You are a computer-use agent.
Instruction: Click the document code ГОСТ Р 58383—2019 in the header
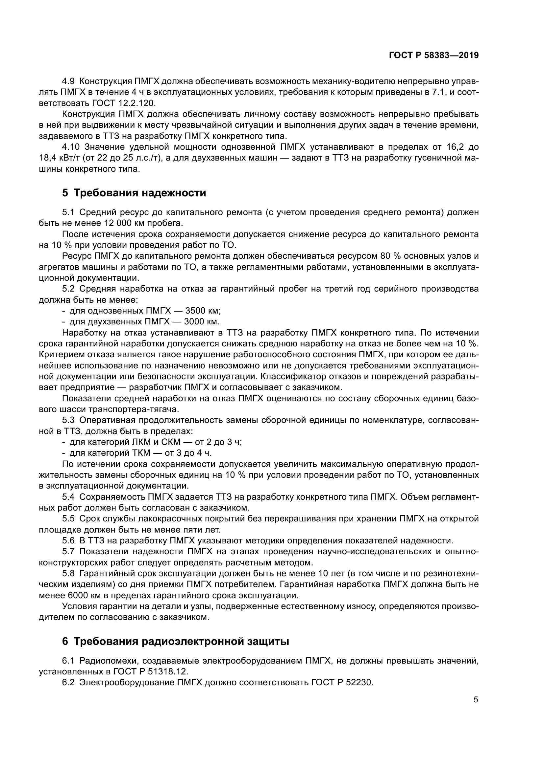pos(433,55)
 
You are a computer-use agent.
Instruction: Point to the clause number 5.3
pos(70,421)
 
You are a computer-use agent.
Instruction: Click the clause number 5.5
pos(70,519)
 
